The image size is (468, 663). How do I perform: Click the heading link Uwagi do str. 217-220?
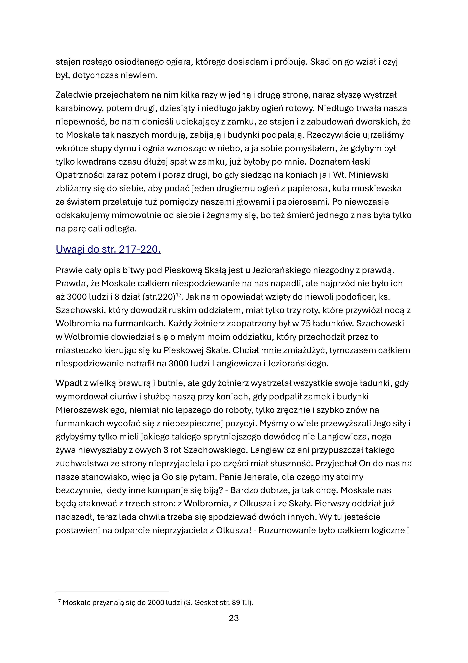click(108, 249)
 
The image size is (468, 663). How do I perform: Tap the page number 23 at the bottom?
click(234, 618)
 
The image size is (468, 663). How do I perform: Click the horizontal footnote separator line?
click(112, 592)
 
